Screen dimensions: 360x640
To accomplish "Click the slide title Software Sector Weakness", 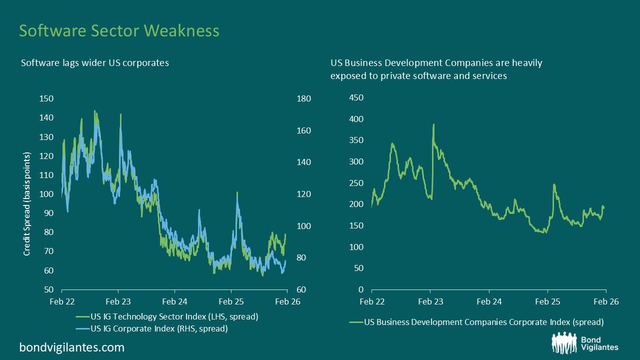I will click(x=119, y=30).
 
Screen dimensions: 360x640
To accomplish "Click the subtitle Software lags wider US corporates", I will click(x=94, y=63).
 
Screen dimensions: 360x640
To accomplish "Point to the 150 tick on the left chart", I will click(x=46, y=98).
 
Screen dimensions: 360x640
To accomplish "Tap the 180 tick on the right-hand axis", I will click(x=304, y=98).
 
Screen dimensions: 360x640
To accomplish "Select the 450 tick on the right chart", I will click(x=356, y=98).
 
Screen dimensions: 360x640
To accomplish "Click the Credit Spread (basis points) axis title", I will click(x=27, y=203).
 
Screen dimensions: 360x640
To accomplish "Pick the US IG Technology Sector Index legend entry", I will click(x=167, y=317).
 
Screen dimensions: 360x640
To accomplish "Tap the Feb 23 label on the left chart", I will click(x=118, y=302).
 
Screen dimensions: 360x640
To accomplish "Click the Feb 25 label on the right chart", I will click(x=547, y=302).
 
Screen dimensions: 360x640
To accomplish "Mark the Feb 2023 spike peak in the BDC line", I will click(x=433, y=124).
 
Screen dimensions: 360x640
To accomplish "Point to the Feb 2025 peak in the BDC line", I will click(x=554, y=184).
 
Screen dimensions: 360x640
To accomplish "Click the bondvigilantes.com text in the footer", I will click(x=71, y=347).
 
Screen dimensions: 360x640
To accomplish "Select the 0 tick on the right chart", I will click(x=361, y=290).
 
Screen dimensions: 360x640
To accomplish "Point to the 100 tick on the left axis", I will click(x=46, y=194).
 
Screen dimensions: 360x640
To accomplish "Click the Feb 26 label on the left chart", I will click(x=287, y=302).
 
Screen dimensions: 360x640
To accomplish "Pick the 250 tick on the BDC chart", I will click(x=356, y=183).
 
